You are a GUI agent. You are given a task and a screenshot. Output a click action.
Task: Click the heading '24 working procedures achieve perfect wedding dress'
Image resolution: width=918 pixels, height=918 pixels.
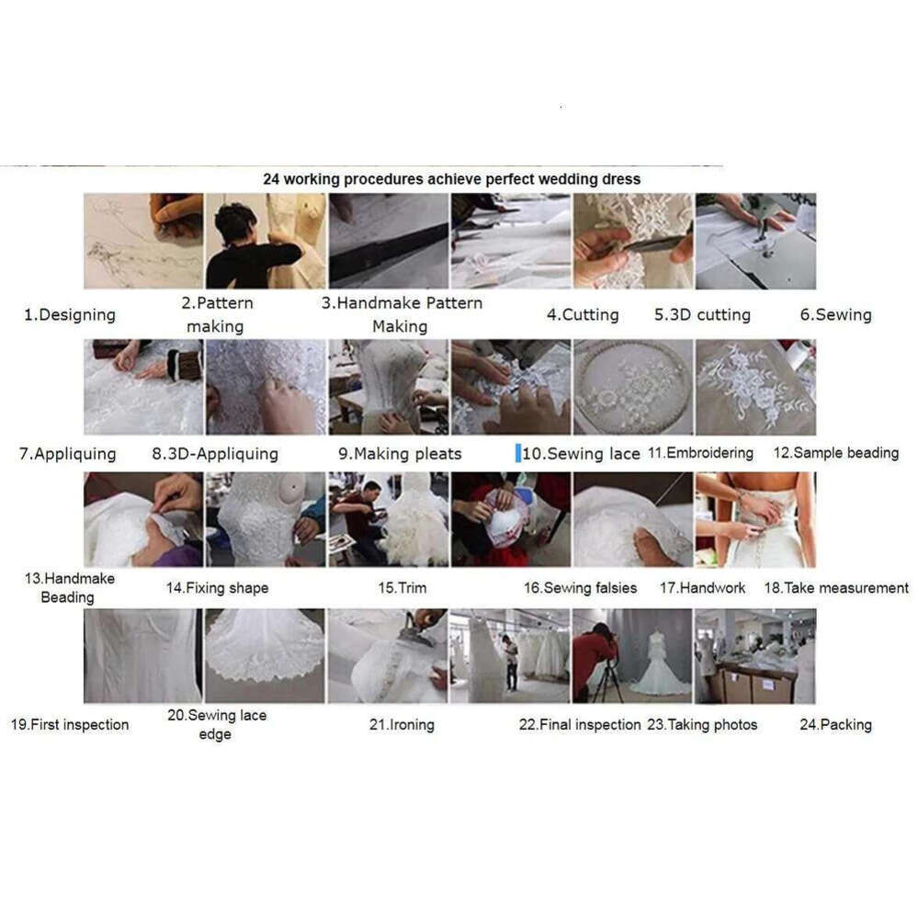point(451,179)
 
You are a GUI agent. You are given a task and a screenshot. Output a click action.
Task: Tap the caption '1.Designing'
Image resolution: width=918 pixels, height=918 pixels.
point(70,315)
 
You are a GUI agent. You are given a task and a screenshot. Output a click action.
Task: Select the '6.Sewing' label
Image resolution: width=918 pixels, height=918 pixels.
point(835,315)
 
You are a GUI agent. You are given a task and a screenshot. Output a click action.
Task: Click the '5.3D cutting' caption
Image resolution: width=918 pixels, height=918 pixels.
point(702,315)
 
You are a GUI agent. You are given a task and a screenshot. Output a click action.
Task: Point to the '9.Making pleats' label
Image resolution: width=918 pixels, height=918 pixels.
point(400,454)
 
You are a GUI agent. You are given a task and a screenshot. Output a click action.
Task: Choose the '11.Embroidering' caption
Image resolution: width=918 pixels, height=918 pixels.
point(700,452)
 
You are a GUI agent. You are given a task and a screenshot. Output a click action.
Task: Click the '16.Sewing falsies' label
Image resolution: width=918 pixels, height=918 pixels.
point(580,588)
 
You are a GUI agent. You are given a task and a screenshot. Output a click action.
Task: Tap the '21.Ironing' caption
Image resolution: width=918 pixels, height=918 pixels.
point(402,725)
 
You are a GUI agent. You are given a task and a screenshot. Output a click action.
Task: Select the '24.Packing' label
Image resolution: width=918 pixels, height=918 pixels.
point(835,725)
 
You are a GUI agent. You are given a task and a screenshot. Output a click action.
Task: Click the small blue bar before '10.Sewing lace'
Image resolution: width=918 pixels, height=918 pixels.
point(518,453)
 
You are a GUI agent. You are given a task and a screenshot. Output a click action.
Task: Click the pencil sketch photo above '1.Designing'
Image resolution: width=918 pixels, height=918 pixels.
point(143,241)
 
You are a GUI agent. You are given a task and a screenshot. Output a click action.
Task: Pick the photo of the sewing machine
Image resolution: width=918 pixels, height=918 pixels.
point(755,241)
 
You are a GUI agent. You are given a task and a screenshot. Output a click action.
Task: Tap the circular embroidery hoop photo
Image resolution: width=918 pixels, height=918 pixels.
point(633,387)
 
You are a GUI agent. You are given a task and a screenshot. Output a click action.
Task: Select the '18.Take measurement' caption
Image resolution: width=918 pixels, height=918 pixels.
point(836,588)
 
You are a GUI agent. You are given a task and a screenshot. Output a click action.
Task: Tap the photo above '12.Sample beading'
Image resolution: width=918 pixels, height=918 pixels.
point(755,387)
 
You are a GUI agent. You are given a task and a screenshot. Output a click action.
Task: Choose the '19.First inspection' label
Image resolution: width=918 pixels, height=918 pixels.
point(70,725)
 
